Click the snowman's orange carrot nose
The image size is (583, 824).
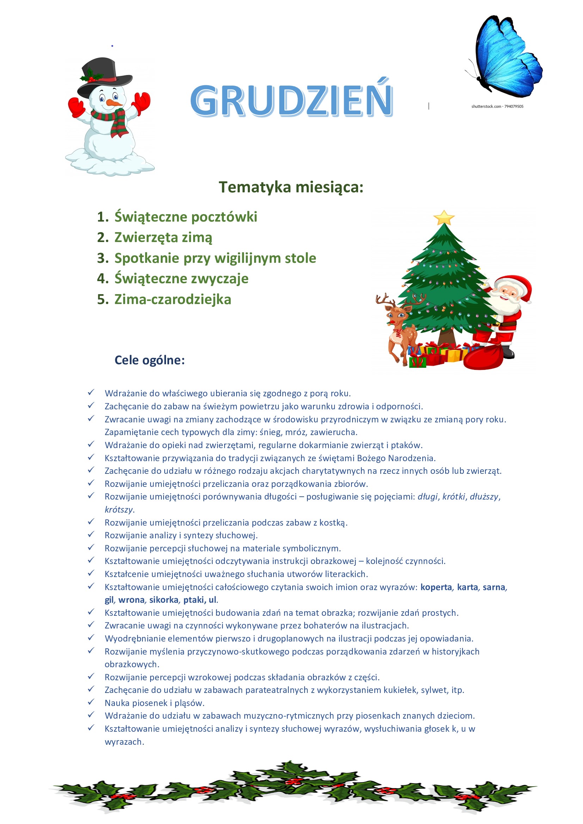114,103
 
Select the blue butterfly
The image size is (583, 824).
507,57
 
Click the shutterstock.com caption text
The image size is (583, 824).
497,107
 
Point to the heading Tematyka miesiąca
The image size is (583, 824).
291,187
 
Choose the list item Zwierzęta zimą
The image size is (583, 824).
163,237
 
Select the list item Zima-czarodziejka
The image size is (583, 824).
173,300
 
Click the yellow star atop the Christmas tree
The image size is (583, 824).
444,218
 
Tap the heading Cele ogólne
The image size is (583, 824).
149,360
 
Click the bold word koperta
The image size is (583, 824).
436,587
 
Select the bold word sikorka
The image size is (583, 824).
164,600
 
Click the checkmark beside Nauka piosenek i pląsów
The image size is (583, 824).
91,702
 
